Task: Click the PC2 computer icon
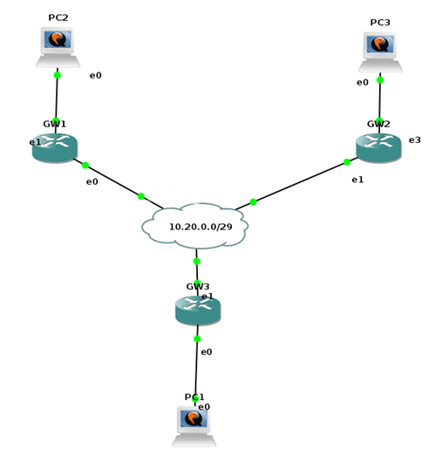(x=58, y=47)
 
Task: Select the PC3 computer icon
(x=380, y=52)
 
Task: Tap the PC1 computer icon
(x=194, y=426)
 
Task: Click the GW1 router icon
(x=55, y=147)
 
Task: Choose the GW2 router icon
(x=378, y=147)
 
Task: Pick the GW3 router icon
(x=198, y=310)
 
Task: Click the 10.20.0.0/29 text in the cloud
(x=201, y=227)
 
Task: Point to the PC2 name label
(x=58, y=17)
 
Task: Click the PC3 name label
(x=380, y=23)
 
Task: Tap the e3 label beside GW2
(x=414, y=140)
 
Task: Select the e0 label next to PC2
(x=95, y=76)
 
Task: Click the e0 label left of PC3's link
(x=363, y=82)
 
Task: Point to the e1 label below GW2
(x=357, y=180)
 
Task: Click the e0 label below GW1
(x=92, y=181)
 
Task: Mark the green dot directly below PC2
(x=58, y=75)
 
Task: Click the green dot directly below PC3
(x=380, y=80)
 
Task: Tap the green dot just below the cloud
(x=197, y=262)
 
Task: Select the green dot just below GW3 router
(x=197, y=338)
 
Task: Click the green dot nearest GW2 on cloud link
(x=347, y=162)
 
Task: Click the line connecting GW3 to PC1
(x=196, y=363)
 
